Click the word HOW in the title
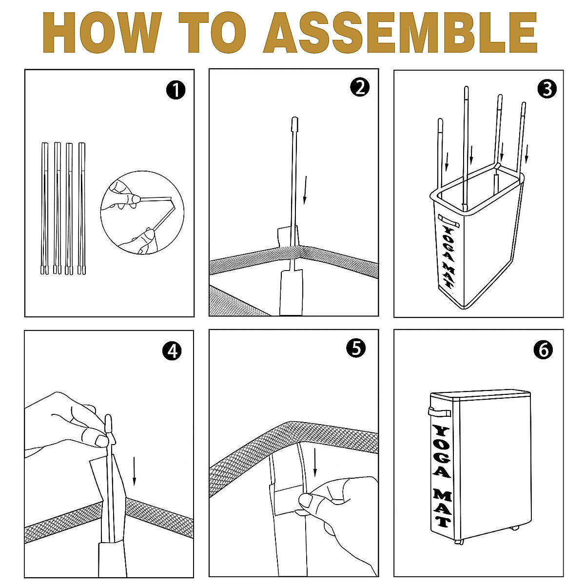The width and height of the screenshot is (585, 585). (x=102, y=33)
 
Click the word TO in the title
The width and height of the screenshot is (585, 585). (x=212, y=33)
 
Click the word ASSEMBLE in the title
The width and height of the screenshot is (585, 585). (x=400, y=33)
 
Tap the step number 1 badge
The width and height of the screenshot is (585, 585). (x=176, y=90)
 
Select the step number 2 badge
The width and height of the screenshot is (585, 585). (x=360, y=87)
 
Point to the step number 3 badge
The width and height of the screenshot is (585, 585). (x=547, y=89)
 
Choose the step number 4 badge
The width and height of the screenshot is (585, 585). (x=172, y=351)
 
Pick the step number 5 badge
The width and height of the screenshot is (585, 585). (x=356, y=348)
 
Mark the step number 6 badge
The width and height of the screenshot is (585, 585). (x=543, y=350)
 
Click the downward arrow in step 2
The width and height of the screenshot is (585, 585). (x=306, y=190)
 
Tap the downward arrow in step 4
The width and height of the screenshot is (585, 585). (x=134, y=471)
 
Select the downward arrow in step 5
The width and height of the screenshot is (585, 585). (x=315, y=462)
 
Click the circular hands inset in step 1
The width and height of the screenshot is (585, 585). (x=142, y=213)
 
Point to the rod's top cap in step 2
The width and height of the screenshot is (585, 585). (x=294, y=123)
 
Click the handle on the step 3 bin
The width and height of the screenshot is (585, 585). (x=448, y=220)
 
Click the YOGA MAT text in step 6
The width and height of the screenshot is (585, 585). (x=442, y=476)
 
